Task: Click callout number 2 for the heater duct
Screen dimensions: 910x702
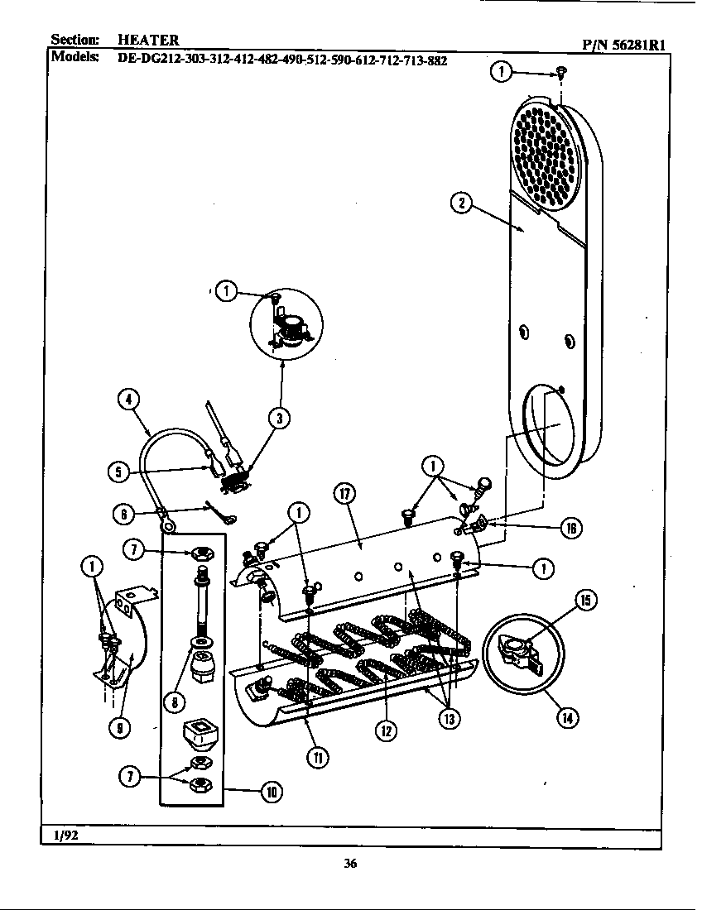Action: pyautogui.click(x=461, y=202)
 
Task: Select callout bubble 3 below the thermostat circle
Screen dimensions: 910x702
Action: pyautogui.click(x=280, y=419)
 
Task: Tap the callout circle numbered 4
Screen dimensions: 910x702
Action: pyautogui.click(x=127, y=400)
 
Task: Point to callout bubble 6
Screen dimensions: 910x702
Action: pyautogui.click(x=125, y=513)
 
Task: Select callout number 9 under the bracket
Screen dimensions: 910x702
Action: pyautogui.click(x=121, y=727)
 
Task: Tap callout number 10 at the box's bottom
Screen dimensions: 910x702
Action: pyautogui.click(x=270, y=792)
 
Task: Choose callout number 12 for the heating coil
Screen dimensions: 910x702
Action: pyautogui.click(x=386, y=730)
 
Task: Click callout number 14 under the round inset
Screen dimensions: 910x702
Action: pyautogui.click(x=566, y=717)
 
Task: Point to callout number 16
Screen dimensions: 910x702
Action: pyautogui.click(x=571, y=528)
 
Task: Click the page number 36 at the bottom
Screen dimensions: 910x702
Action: pyautogui.click(x=350, y=864)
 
